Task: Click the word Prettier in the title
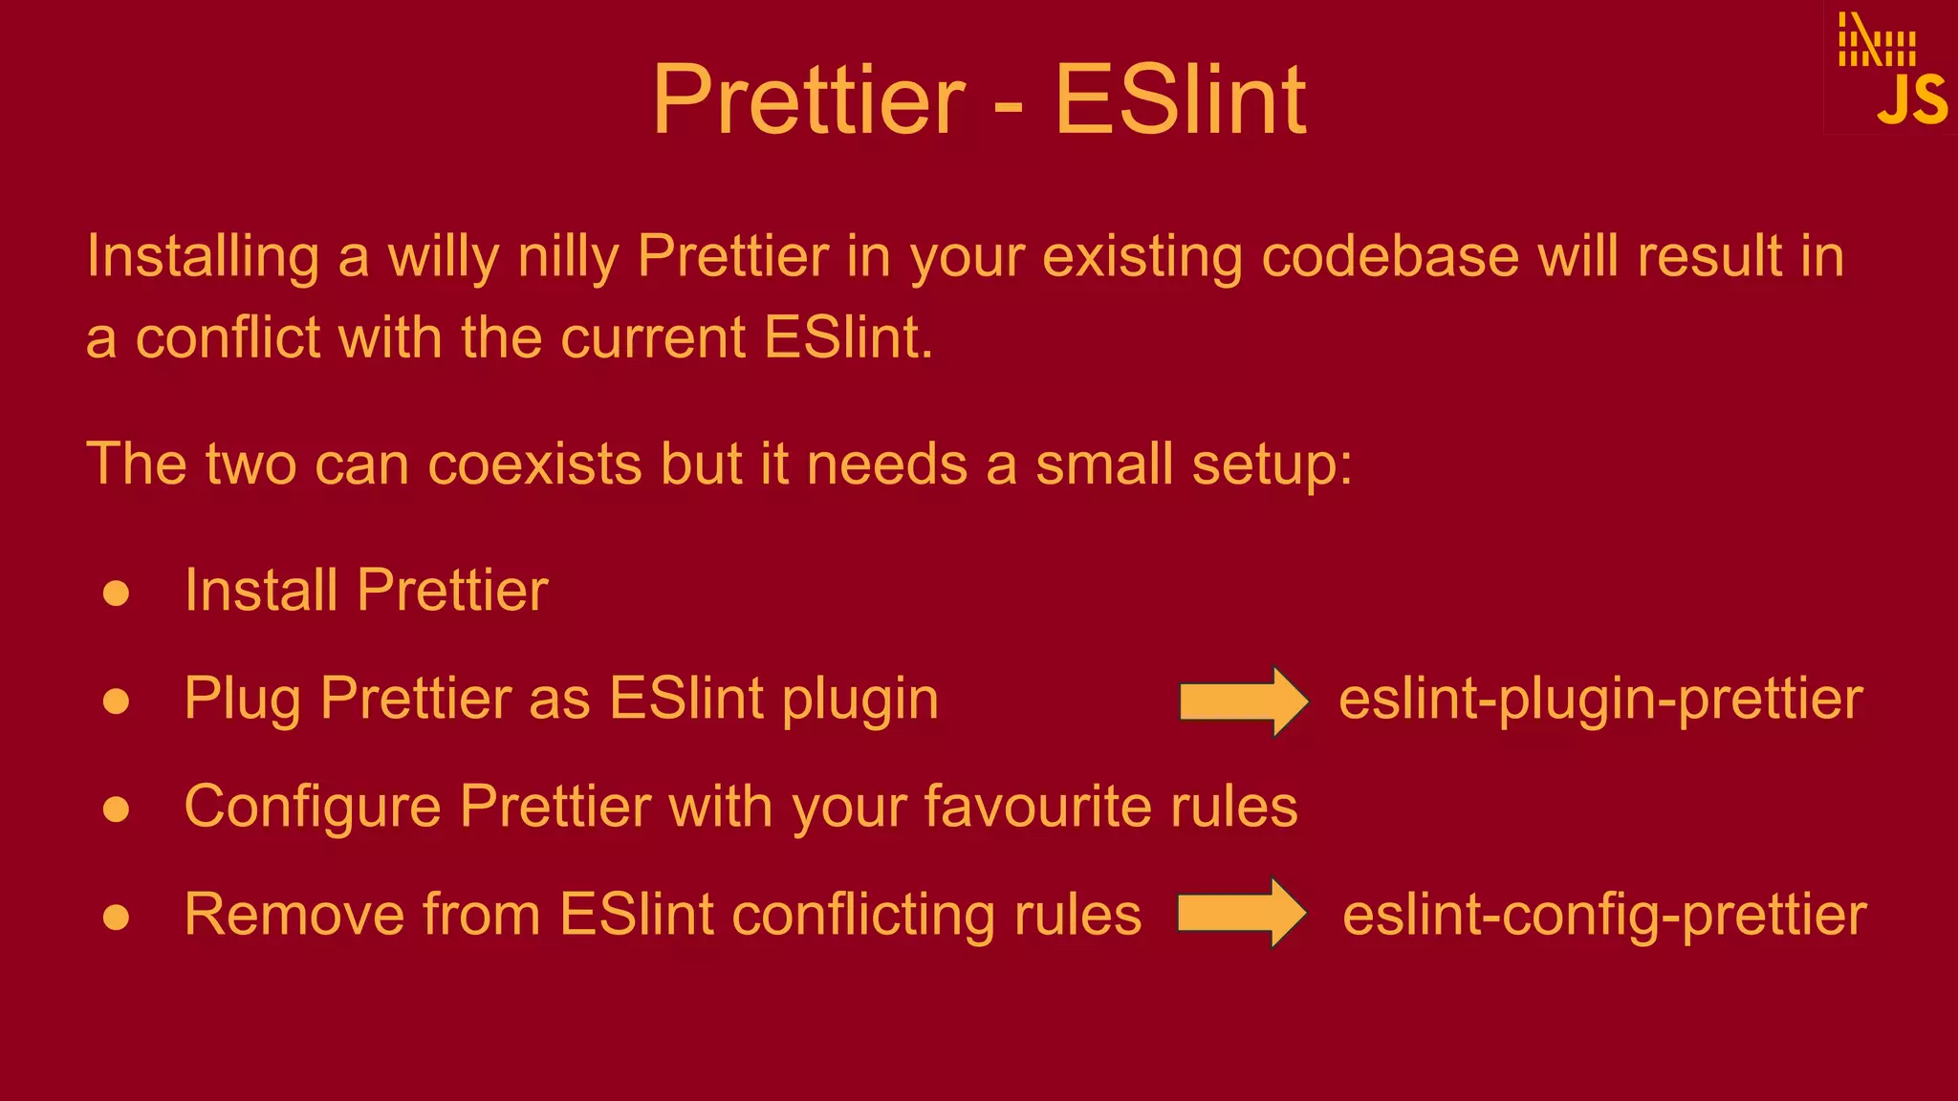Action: point(809,100)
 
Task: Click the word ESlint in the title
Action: point(1180,100)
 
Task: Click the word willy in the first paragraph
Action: point(443,257)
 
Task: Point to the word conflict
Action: point(228,338)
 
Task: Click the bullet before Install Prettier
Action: point(116,594)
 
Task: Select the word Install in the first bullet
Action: point(260,590)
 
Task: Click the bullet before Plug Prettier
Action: point(116,702)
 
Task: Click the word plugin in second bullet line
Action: point(859,700)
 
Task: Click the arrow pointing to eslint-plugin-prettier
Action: point(1243,701)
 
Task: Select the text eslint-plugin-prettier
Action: point(1600,700)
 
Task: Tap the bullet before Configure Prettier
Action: point(116,810)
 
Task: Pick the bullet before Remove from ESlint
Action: point(116,917)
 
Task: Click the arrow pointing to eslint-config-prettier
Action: point(1241,913)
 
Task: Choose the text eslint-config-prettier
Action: point(1603,915)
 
